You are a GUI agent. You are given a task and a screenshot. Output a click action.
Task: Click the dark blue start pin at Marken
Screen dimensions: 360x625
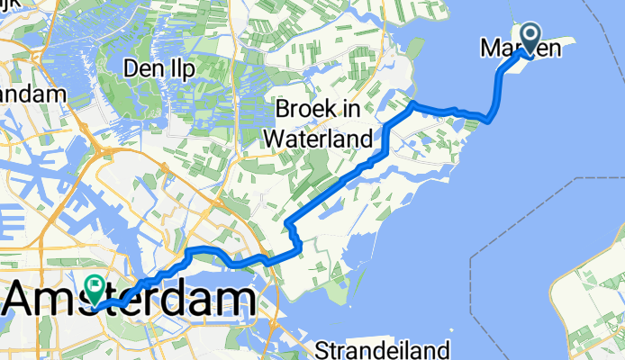[529, 38]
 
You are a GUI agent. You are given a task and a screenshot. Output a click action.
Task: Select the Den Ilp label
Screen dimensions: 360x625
[159, 69]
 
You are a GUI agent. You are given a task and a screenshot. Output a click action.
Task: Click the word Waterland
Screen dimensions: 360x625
[321, 139]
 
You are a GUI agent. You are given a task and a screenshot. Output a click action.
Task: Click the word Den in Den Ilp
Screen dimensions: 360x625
[142, 69]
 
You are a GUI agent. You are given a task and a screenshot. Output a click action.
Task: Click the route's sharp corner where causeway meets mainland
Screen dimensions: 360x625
[489, 119]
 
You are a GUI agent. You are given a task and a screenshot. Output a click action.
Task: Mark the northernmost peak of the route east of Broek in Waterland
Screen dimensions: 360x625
[412, 104]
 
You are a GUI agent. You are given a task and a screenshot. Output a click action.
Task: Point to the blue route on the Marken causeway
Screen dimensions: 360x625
[498, 90]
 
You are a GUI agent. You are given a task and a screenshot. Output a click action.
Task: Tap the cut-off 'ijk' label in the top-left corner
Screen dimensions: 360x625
[8, 5]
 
